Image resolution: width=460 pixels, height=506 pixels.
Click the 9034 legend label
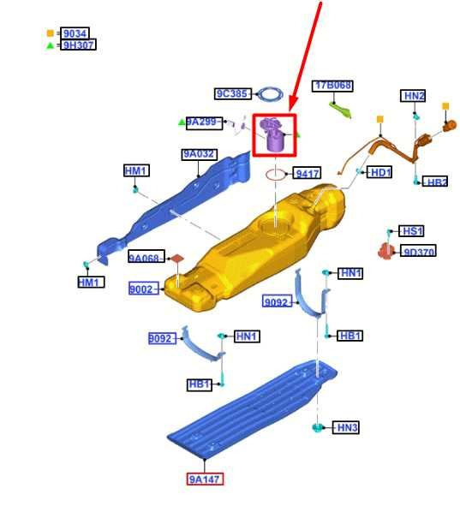75,33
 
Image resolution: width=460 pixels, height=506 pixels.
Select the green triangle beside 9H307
50,45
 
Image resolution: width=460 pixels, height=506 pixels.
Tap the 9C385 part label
233,93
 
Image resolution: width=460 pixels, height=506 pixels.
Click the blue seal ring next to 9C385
272,94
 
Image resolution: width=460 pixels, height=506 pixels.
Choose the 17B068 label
332,86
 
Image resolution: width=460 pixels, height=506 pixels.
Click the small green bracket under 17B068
340,110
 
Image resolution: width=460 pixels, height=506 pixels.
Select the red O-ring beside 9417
276,175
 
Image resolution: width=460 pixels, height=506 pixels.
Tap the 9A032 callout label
200,154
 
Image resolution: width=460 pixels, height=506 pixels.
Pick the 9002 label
144,289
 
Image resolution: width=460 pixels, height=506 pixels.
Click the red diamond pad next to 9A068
177,259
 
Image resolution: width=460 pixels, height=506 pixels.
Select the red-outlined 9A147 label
205,479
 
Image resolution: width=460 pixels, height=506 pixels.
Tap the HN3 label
346,427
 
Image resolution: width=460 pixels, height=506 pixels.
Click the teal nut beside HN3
317,427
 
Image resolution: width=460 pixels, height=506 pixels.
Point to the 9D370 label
418,251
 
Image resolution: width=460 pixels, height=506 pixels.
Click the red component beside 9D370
386,251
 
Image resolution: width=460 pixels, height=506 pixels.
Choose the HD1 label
379,173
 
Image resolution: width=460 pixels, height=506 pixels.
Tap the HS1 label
411,231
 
